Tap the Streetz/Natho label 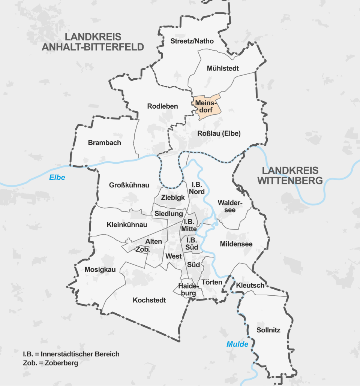[192, 41]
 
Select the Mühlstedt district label [223, 69]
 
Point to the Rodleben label [162, 106]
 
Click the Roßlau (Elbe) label [219, 133]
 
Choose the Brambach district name [105, 143]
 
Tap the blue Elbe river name [57, 178]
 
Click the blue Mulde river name [237, 344]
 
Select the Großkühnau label [129, 185]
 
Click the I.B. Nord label [197, 188]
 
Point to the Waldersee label [230, 206]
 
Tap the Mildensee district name [236, 244]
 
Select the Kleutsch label [250, 286]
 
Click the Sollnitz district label [268, 330]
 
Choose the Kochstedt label [149, 300]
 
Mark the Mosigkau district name [100, 269]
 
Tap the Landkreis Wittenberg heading [290, 175]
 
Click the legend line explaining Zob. [51, 363]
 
